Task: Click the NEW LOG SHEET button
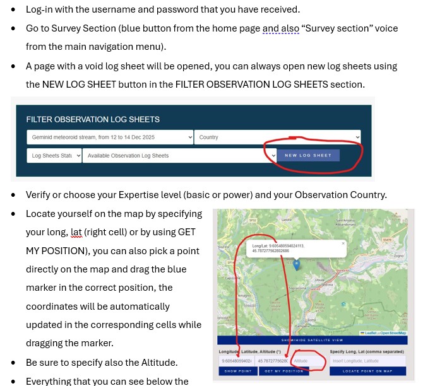[307, 155]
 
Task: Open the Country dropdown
[277, 137]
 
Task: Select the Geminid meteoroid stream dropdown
[110, 137]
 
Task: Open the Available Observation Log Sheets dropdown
[179, 155]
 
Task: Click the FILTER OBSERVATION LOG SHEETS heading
[92, 119]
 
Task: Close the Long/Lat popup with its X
[343, 243]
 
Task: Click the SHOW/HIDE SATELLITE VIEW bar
[312, 340]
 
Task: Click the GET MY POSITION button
[284, 371]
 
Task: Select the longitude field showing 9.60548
[237, 361]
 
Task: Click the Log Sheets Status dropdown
[54, 155]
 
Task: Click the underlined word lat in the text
[76, 233]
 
